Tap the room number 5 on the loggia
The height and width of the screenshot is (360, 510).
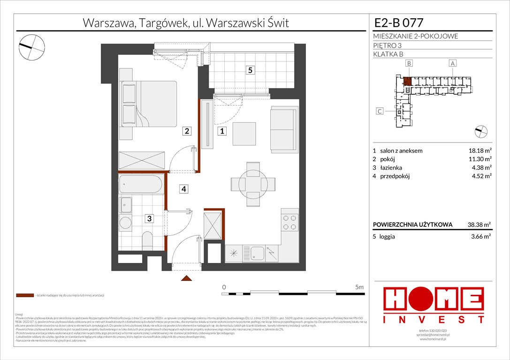pos(251,70)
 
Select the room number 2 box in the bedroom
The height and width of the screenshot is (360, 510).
pos(187,132)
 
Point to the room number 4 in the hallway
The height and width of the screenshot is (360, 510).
pos(185,189)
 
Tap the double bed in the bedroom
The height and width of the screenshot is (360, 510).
pos(149,104)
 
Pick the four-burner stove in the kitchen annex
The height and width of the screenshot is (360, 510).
pos(290,222)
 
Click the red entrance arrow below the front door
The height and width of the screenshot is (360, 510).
pos(187,279)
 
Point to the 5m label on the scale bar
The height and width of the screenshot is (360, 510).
pos(359,287)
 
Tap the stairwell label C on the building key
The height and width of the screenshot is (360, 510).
pos(380,111)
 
